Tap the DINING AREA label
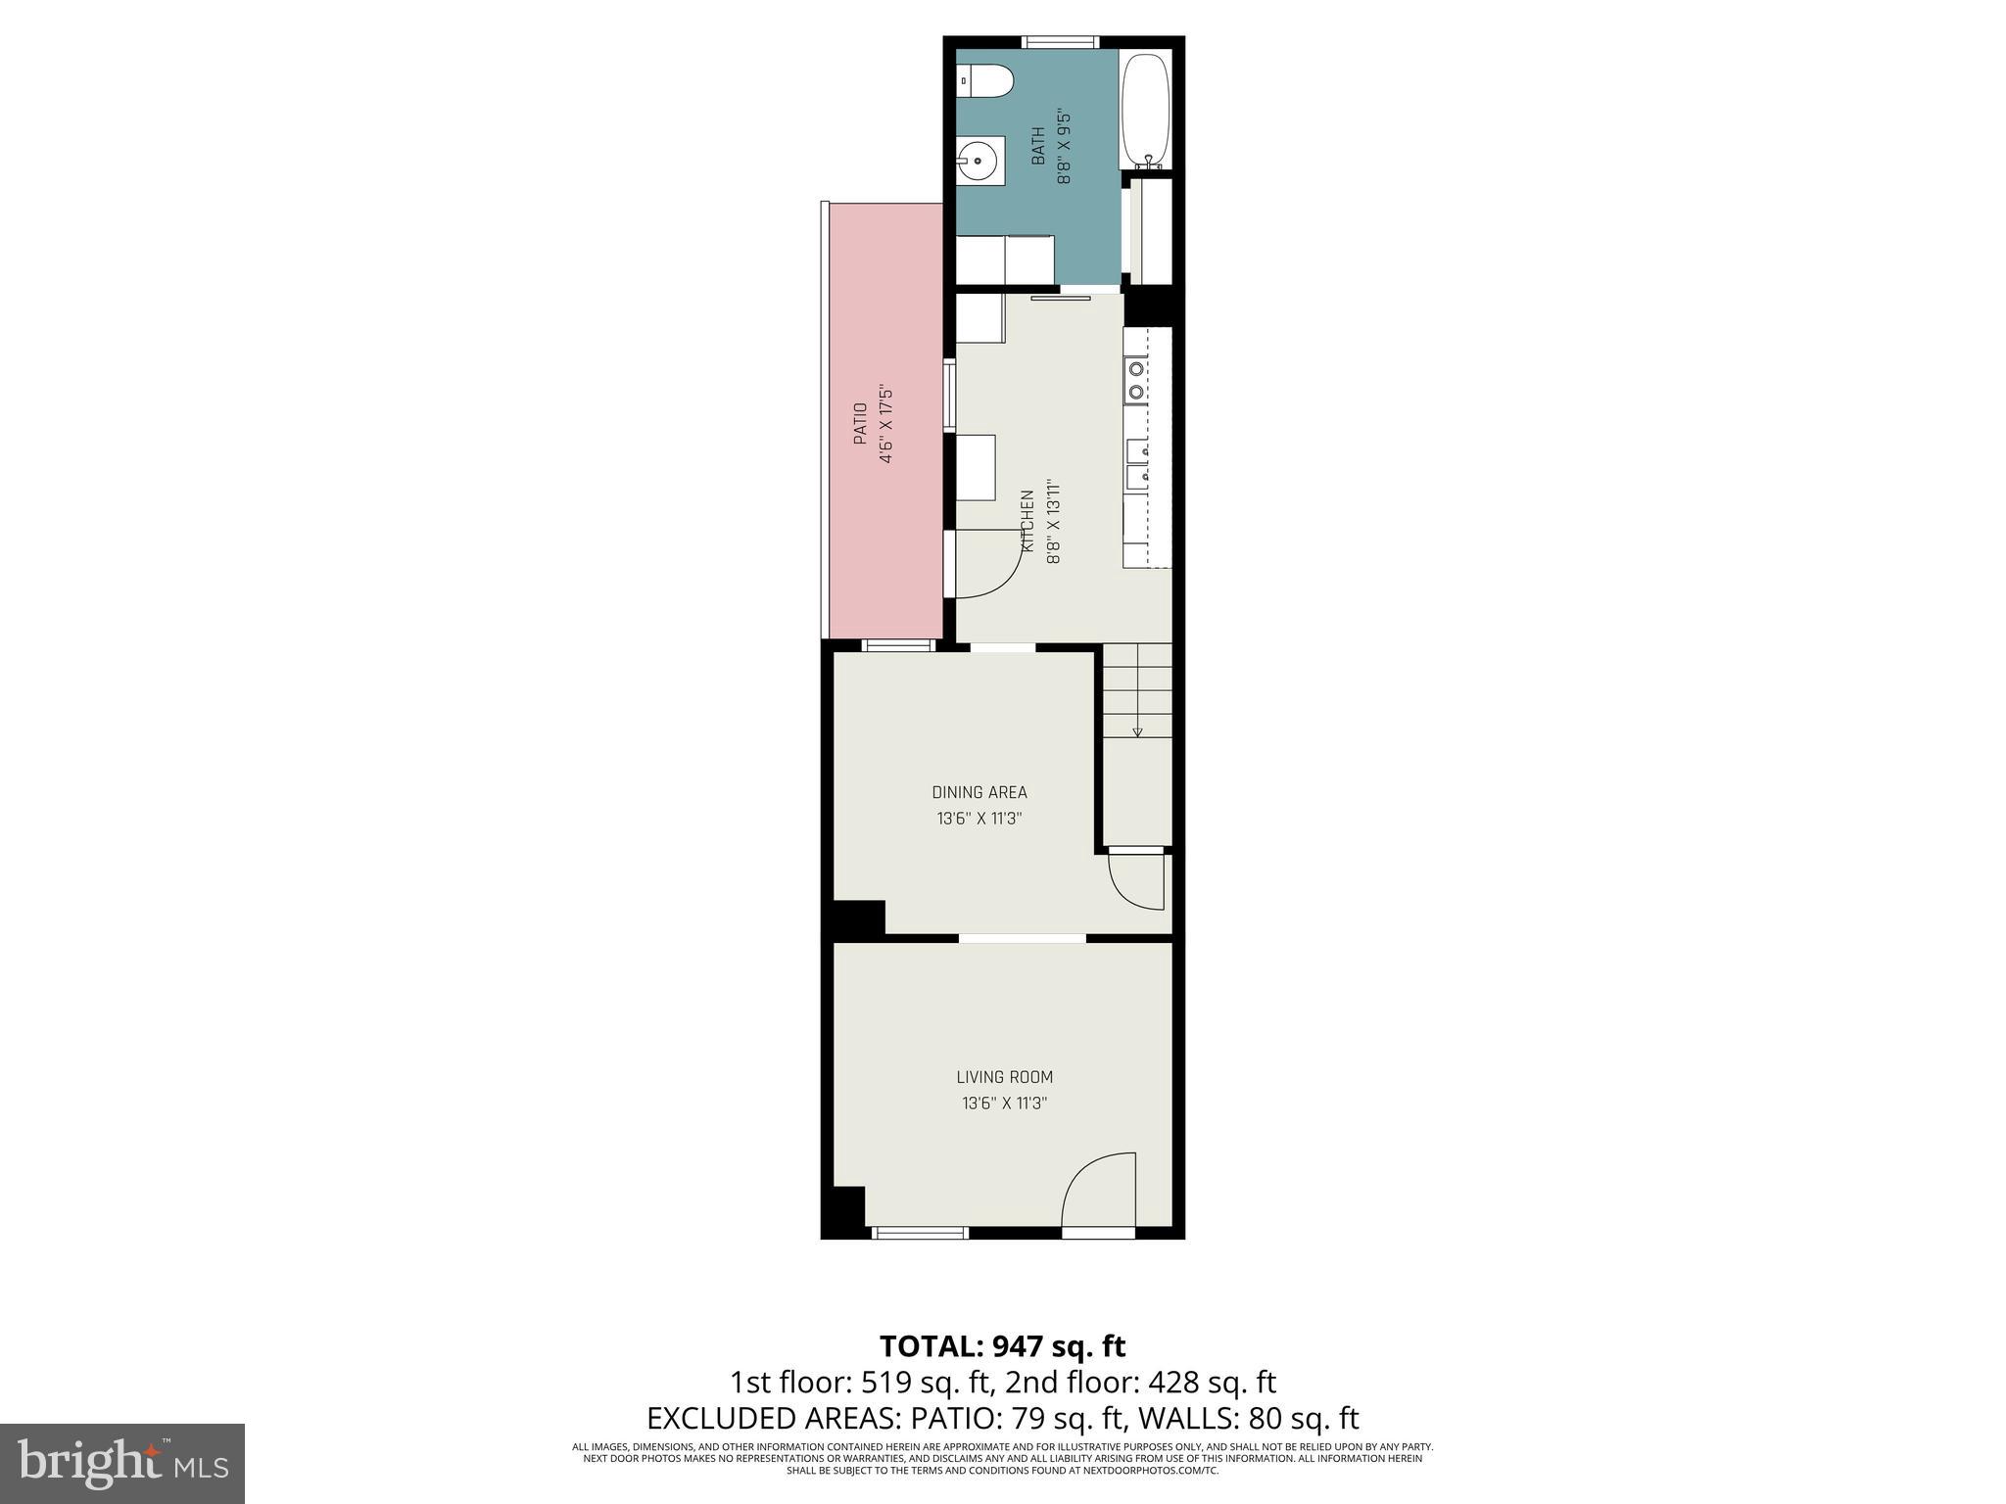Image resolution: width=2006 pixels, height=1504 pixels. pos(979,792)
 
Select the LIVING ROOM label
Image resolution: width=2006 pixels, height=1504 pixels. pos(1004,1077)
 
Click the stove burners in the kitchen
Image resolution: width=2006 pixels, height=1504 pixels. pos(1135,380)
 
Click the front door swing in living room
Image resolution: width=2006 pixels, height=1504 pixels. pos(1099,1190)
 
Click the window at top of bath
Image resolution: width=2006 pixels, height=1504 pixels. pos(1060,42)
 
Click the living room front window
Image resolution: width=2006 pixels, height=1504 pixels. pos(919,1232)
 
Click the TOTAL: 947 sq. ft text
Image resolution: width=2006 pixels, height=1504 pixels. pos(1002,1346)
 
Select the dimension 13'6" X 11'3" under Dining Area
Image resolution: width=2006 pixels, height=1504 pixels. pos(979,819)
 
